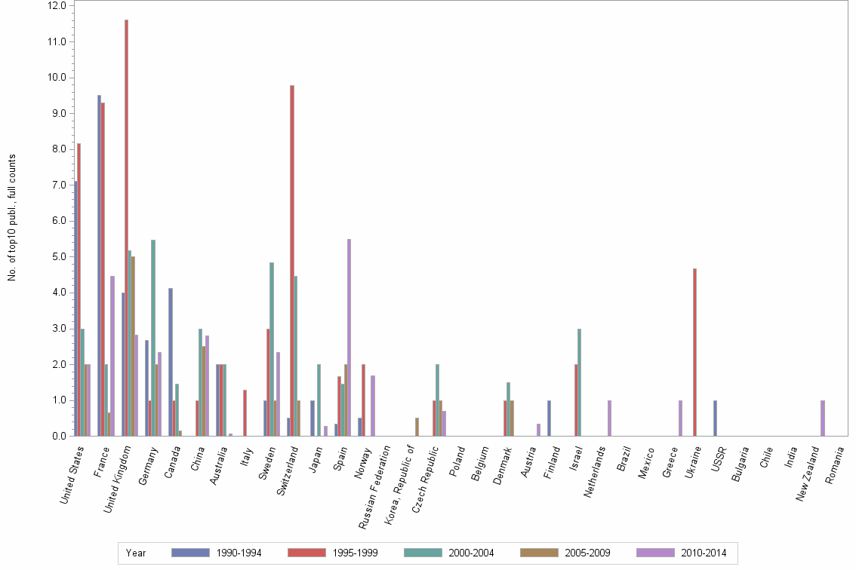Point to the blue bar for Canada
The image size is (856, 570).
point(170,362)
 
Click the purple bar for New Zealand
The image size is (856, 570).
point(823,418)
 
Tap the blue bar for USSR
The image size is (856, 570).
point(715,418)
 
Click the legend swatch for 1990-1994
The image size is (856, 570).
point(190,553)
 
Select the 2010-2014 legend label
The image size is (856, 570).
point(703,553)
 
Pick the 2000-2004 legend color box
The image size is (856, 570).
point(423,553)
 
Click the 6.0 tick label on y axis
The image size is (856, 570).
point(58,221)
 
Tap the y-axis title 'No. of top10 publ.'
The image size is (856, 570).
point(12,218)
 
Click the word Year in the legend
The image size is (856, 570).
point(136,553)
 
